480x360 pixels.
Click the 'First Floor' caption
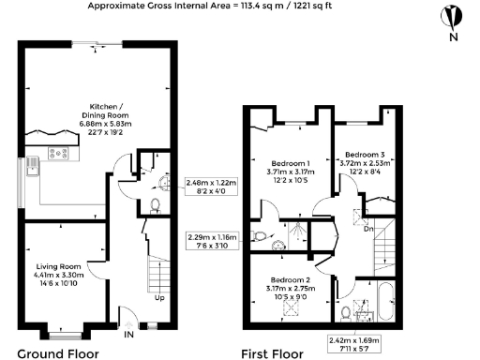coord(273,352)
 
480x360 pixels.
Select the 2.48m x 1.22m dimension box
coord(212,187)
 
